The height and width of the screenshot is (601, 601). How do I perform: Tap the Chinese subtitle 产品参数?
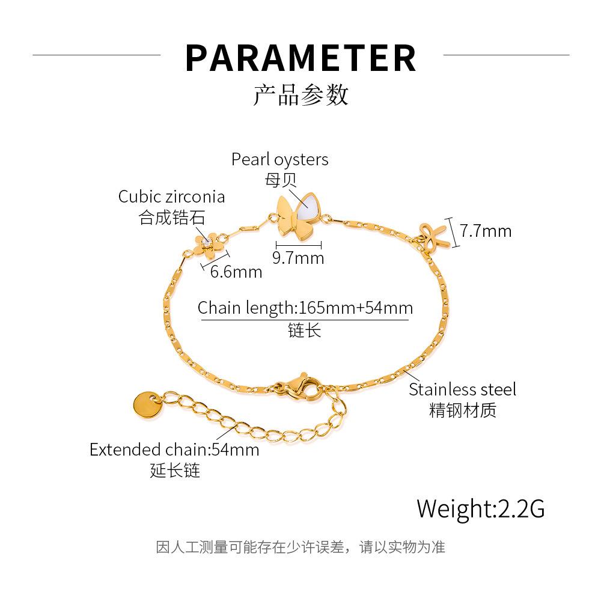coord(300,95)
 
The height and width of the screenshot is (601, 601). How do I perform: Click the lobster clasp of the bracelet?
coord(297,389)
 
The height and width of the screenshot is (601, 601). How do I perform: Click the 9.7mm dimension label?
coord(298,258)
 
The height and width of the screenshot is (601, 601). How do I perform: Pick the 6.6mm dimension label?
coord(236,272)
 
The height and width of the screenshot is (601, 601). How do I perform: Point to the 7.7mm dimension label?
coord(486,230)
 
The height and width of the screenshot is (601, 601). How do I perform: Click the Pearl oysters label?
coord(280,159)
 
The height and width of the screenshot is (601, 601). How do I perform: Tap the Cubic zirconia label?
coord(171,197)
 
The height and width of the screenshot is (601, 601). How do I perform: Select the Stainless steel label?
coord(462,389)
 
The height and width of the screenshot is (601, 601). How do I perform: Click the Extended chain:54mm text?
coord(174,450)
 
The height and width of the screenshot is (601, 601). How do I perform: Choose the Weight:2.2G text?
coord(481,508)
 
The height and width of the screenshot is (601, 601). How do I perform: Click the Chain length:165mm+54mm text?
coord(305,308)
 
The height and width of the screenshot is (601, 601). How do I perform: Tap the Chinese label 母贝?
coord(281,179)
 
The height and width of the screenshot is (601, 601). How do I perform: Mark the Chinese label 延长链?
coord(174,470)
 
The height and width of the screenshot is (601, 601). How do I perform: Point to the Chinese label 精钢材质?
coord(462,410)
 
